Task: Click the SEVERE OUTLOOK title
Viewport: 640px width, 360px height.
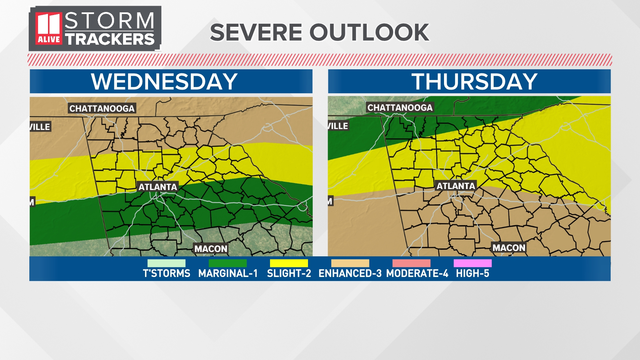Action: (x=319, y=32)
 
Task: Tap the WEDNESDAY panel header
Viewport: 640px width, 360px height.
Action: (x=164, y=81)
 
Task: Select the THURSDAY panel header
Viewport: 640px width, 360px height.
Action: (x=474, y=81)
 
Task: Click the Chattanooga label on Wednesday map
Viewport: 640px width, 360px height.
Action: (x=102, y=108)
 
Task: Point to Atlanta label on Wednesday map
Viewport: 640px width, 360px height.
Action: (x=158, y=187)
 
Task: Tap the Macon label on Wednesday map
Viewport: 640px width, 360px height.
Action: (x=211, y=249)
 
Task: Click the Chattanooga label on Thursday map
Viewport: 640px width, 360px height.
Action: (x=400, y=107)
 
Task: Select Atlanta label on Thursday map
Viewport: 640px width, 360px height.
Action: (x=456, y=186)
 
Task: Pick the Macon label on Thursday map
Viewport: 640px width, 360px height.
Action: (x=509, y=248)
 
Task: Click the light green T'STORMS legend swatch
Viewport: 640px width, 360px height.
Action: (x=166, y=263)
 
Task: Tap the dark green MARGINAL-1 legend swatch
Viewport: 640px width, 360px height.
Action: (x=228, y=263)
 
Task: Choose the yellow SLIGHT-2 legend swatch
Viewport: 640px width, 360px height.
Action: (x=289, y=263)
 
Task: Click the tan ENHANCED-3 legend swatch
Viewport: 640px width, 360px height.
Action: (x=350, y=263)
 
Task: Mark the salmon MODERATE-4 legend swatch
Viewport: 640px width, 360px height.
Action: (x=411, y=263)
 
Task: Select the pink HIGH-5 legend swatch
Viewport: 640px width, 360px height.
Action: (x=472, y=263)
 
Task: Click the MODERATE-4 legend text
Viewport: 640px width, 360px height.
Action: (x=417, y=274)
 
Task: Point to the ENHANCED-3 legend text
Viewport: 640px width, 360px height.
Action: (x=350, y=274)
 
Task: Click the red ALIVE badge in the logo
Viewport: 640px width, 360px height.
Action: (x=49, y=39)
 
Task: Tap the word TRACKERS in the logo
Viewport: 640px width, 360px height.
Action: (x=110, y=39)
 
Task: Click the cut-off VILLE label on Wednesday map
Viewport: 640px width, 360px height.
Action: (x=40, y=127)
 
